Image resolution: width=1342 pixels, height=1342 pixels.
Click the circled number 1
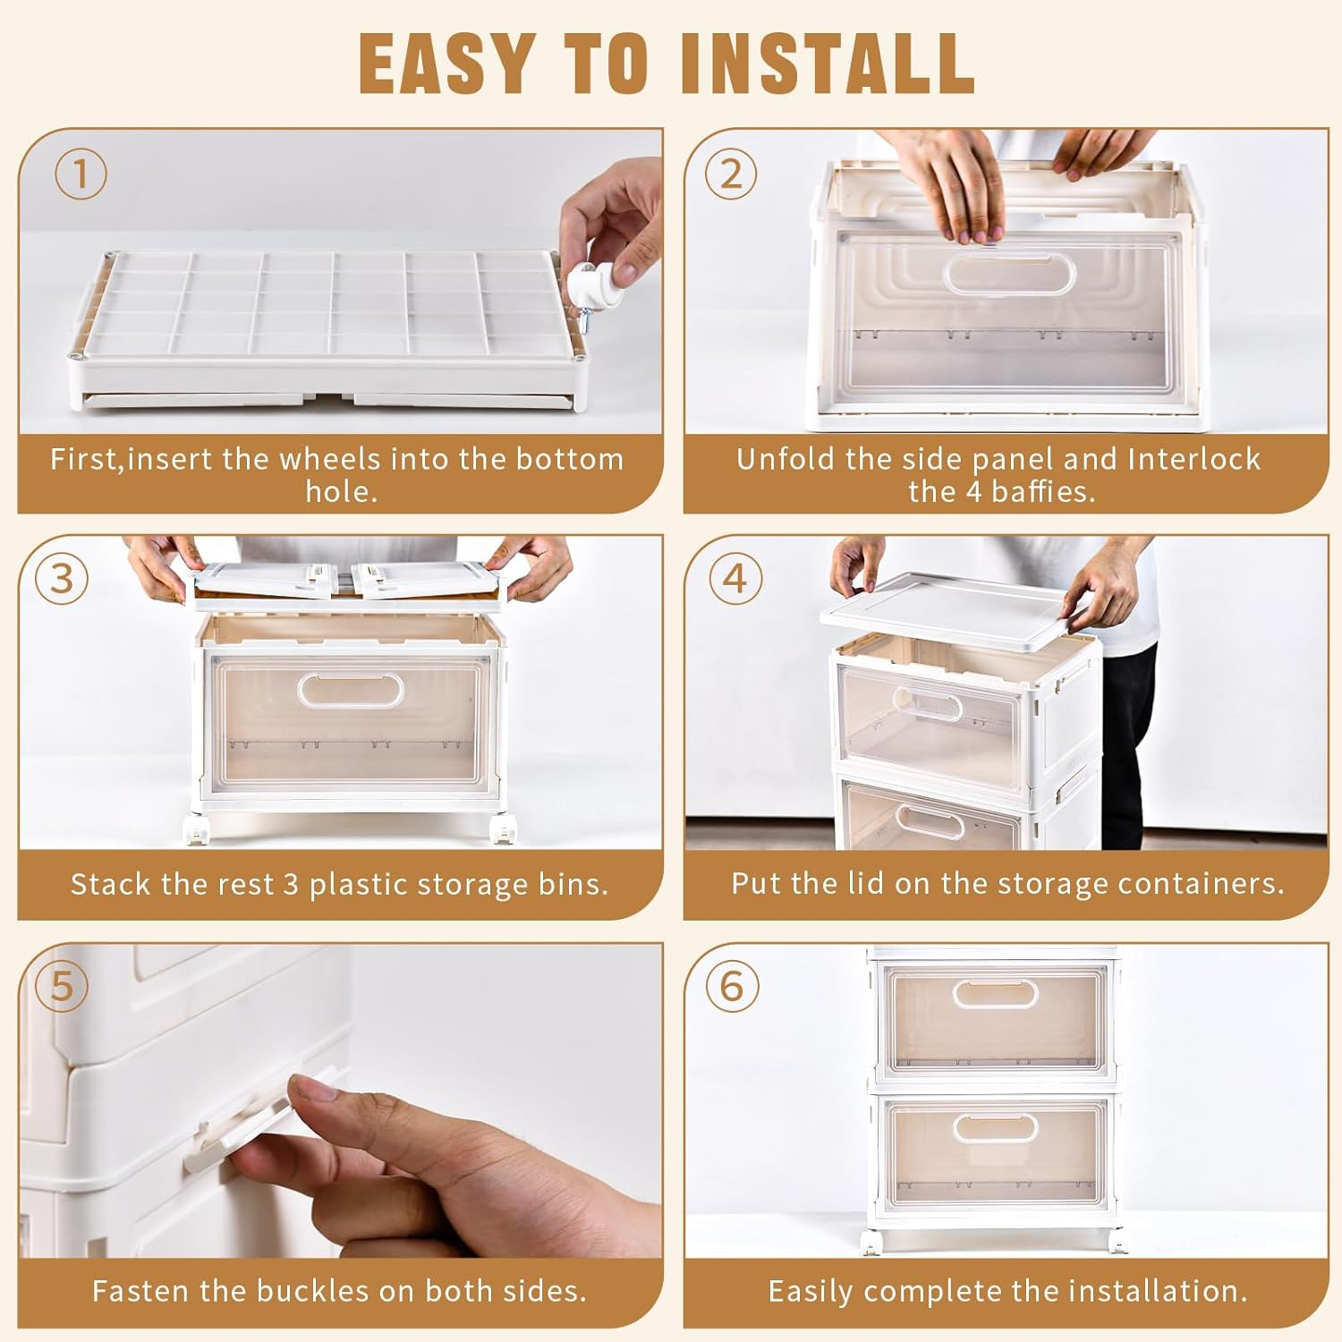tap(81, 174)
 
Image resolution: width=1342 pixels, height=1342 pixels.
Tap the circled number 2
tap(731, 174)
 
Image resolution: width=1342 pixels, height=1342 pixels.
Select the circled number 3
tap(62, 579)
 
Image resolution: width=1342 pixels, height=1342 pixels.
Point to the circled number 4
tap(735, 579)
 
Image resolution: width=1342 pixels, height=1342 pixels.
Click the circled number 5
tap(62, 986)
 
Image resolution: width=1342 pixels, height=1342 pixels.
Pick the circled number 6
tap(731, 986)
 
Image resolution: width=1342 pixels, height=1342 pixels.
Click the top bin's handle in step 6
tap(995, 994)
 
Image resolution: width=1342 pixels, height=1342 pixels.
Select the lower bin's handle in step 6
tap(995, 1127)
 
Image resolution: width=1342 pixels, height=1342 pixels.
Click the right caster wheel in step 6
tap(1116, 1241)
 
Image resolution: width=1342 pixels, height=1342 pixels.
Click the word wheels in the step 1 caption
tap(331, 459)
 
